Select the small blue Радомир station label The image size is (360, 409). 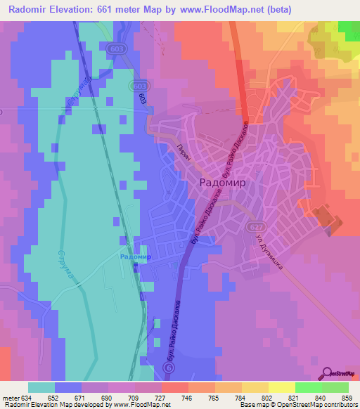point(136,257)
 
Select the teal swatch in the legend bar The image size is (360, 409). point(41,387)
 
